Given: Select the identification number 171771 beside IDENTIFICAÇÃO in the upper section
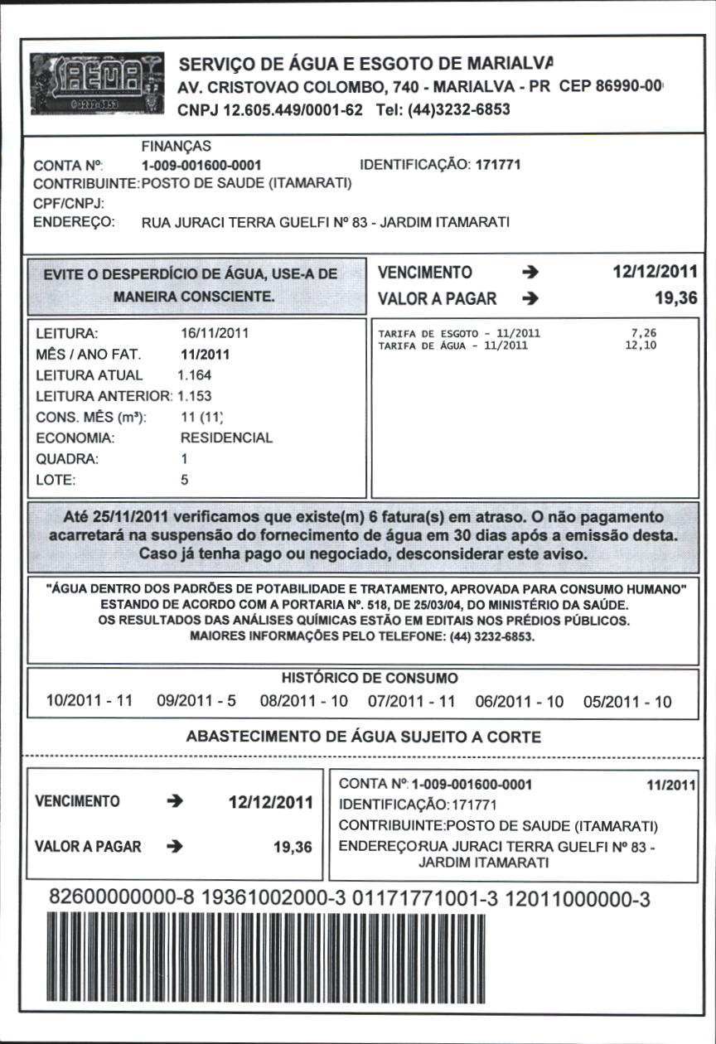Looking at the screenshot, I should (498, 165).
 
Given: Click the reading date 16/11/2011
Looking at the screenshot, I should (215, 334).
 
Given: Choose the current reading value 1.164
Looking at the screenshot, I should (195, 375).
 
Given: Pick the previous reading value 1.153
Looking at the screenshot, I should (195, 396).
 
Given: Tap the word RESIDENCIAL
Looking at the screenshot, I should (226, 437).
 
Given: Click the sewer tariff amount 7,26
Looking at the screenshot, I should (644, 333).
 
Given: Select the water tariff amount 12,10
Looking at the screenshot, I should (641, 346).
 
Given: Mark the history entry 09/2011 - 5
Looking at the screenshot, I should (196, 702).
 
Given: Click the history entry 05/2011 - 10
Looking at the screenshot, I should (627, 702).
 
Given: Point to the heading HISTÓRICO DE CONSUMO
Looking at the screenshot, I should (370, 678).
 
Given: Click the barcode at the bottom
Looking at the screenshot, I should (348, 953).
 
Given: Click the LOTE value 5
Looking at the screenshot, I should (185, 479).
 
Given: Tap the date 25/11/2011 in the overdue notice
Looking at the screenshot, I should (122, 517).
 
